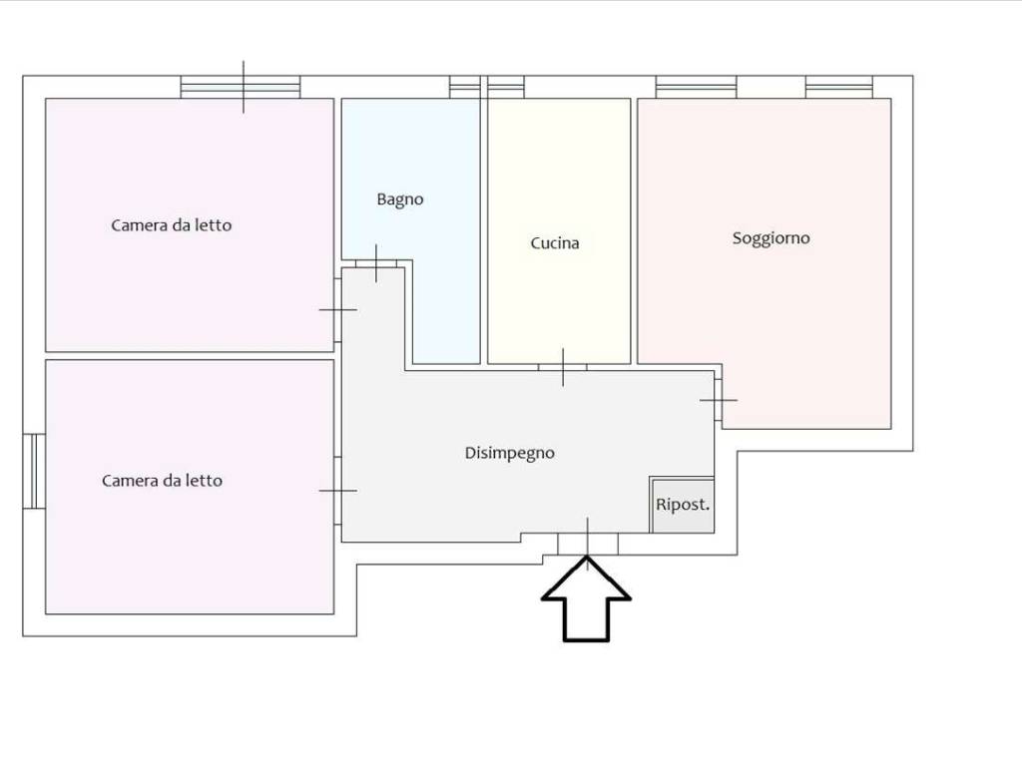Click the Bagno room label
pos(400,199)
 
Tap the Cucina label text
pos(555,243)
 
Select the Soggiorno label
pos(771,238)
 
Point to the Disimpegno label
pos(510,454)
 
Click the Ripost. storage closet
pos(683,506)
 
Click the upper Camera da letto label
pos(172,225)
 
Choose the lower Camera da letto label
pos(163,481)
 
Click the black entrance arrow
pos(586,599)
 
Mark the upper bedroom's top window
pos(241,88)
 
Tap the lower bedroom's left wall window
pos(35,471)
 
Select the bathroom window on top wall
pos(465,88)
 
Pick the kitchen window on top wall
pos(506,88)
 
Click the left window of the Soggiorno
pos(696,88)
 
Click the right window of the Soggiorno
pos(838,88)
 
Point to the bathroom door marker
pos(376,263)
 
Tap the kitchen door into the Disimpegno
pos(563,367)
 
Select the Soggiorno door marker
pos(719,400)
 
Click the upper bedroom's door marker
pos(337,310)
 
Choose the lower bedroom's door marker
pos(337,491)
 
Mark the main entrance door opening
pos(587,545)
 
